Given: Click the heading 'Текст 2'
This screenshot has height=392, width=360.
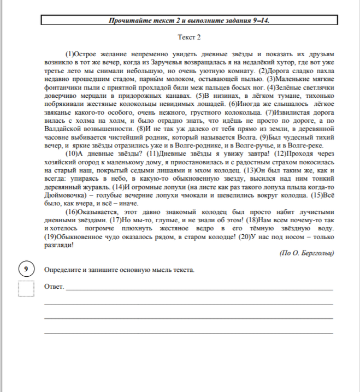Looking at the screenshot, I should tap(190, 38).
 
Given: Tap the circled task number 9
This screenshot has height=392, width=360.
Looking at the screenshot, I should tap(26, 270).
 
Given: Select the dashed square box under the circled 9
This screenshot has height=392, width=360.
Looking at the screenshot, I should tap(26, 288).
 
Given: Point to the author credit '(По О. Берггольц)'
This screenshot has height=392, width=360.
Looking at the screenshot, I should tap(306, 253).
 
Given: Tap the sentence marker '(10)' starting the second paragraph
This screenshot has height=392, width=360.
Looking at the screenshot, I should tap(72, 153).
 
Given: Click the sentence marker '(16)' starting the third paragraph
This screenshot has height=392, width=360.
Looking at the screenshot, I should tap(72, 212).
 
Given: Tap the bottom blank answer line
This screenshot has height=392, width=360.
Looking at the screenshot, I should tap(188, 331).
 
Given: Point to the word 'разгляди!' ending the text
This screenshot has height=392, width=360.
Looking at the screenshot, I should tap(58, 245).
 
